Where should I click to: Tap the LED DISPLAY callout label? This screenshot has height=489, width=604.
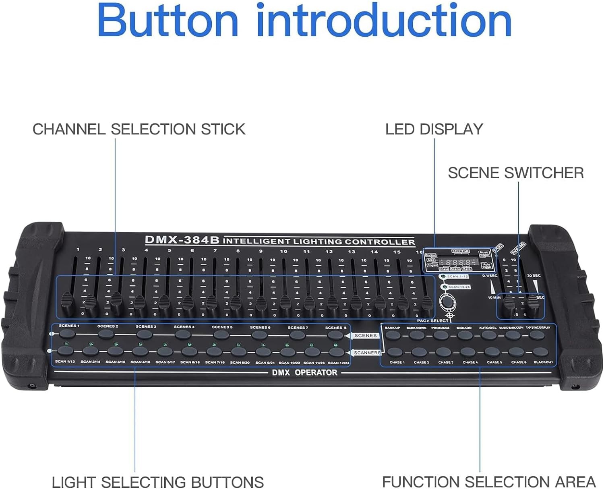(434, 129)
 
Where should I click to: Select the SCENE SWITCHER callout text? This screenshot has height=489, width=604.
(515, 173)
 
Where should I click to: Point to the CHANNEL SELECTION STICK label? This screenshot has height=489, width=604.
(139, 129)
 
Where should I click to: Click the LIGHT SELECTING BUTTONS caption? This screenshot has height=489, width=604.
(158, 482)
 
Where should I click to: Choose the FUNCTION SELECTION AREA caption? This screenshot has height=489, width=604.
(488, 482)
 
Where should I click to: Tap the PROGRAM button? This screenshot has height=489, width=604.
(441, 335)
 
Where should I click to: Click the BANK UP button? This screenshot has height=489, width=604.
(393, 335)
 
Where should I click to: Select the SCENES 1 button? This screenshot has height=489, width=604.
(67, 334)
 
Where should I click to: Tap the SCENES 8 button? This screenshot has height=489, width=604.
(335, 335)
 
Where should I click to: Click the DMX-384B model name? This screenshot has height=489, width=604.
(182, 240)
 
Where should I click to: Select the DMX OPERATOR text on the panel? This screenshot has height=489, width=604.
(304, 373)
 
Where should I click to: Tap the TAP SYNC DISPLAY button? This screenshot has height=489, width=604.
(537, 335)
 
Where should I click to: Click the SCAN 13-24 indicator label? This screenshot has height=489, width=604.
(458, 287)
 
